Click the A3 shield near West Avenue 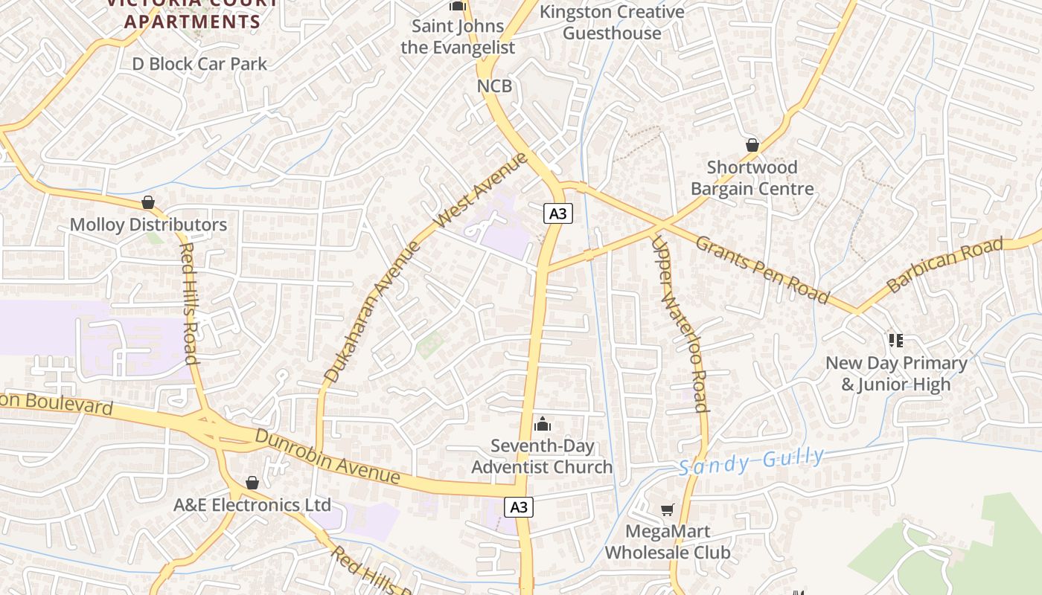(x=557, y=214)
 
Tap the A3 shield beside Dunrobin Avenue (x=519, y=507)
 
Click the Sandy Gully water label (x=752, y=462)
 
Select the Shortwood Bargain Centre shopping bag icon (x=752, y=145)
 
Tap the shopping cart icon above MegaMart (x=667, y=510)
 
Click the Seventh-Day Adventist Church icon (x=543, y=424)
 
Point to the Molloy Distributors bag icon (x=148, y=202)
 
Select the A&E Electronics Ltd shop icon (x=252, y=483)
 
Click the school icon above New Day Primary (x=896, y=341)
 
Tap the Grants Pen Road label (x=762, y=269)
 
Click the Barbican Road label (x=944, y=265)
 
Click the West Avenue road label (x=481, y=190)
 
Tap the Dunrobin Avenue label (x=327, y=456)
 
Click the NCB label (x=494, y=86)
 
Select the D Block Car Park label (x=199, y=64)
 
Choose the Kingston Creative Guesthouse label (x=612, y=22)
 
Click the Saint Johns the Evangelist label (x=458, y=37)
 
